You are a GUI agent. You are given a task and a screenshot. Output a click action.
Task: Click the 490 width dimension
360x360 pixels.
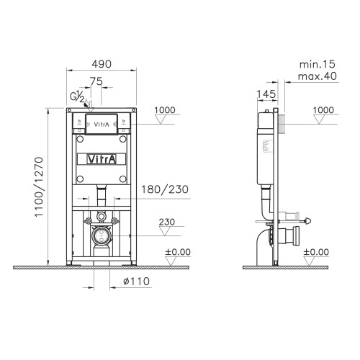click(102, 64)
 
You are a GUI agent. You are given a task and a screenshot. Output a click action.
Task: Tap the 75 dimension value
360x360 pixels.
click(96, 81)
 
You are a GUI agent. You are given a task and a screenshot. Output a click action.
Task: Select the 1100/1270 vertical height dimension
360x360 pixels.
click(39, 187)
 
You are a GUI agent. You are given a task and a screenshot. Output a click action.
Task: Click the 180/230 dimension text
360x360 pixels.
click(165, 189)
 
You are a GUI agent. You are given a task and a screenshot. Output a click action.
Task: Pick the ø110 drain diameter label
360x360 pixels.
click(136, 282)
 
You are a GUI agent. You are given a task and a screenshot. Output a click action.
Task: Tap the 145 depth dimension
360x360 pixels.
click(266, 94)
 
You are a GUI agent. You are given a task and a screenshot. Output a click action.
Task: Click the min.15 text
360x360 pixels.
click(317, 64)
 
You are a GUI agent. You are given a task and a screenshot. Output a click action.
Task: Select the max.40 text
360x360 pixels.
click(318, 76)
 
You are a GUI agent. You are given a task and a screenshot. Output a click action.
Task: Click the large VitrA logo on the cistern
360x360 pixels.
click(102, 159)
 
